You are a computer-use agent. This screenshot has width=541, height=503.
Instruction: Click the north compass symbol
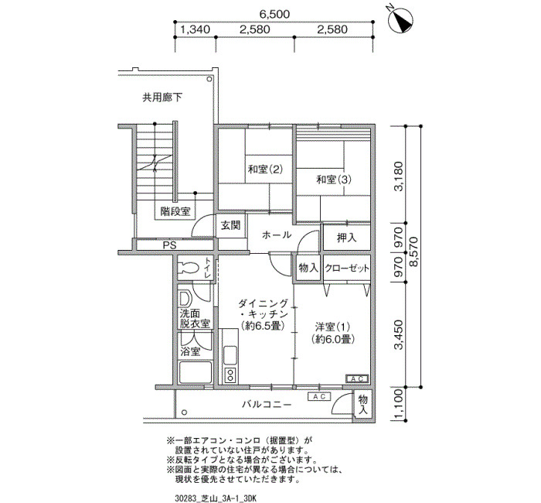[401, 20]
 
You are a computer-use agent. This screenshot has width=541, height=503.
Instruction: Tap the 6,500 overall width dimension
[274, 14]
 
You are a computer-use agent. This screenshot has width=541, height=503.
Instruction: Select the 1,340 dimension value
[195, 29]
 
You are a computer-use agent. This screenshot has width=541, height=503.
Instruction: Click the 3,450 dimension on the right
[399, 335]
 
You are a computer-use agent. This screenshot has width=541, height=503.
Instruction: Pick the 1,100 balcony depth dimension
[398, 404]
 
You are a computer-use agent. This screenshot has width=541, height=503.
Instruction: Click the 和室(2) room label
[265, 169]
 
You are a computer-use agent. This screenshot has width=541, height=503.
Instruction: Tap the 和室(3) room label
[334, 180]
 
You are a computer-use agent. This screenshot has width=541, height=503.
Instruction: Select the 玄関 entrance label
[230, 226]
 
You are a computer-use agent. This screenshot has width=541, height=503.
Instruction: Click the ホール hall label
[277, 235]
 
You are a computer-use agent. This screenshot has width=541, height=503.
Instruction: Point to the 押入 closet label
[346, 238]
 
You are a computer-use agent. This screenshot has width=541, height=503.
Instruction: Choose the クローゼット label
[347, 268]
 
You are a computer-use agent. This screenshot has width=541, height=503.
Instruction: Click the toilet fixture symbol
[189, 268]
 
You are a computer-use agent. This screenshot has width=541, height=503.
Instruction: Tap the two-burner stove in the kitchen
[230, 375]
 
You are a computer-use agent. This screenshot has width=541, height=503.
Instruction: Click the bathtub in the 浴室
[195, 372]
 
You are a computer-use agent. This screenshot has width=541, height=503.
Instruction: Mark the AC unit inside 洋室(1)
[357, 379]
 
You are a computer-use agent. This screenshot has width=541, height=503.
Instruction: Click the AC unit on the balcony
[319, 396]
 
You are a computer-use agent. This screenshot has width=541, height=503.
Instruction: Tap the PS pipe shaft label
[169, 245]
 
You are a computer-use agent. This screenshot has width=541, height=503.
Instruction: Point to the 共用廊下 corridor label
[162, 98]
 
